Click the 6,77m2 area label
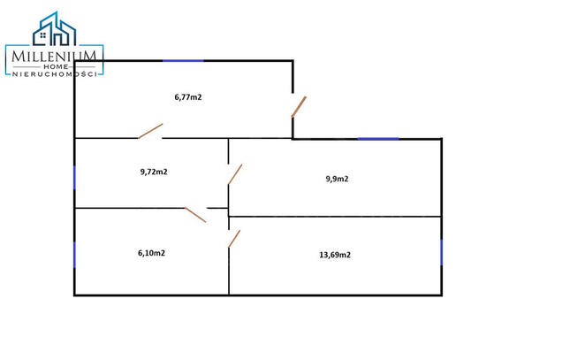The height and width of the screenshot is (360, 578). click(x=188, y=97)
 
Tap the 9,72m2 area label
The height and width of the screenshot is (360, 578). click(x=154, y=172)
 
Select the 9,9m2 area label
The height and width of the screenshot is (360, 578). click(x=337, y=179)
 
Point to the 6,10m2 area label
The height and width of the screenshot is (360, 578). click(x=151, y=253)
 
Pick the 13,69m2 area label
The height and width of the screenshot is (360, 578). click(x=335, y=255)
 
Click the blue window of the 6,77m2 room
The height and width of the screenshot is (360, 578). click(x=183, y=61)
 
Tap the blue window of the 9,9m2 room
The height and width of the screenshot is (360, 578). click(x=378, y=139)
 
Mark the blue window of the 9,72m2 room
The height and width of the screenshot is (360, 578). click(x=75, y=178)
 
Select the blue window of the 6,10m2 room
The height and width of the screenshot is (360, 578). click(x=75, y=255)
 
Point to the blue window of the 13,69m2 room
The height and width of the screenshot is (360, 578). click(x=442, y=252)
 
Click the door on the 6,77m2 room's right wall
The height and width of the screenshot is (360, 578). click(x=299, y=107)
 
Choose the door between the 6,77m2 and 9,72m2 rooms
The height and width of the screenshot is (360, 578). click(x=150, y=131)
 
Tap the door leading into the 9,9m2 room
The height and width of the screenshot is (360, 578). click(x=235, y=174)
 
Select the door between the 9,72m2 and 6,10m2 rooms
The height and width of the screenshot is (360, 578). click(x=195, y=215)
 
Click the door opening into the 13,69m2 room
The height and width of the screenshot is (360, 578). click(x=234, y=239)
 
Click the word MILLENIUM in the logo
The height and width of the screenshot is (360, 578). click(x=54, y=57)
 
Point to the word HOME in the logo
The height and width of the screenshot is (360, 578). click(x=56, y=66)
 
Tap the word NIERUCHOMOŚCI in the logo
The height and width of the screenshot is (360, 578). click(x=55, y=74)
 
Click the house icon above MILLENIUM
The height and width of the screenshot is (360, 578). click(x=55, y=29)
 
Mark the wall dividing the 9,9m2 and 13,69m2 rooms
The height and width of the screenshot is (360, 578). click(x=335, y=217)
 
